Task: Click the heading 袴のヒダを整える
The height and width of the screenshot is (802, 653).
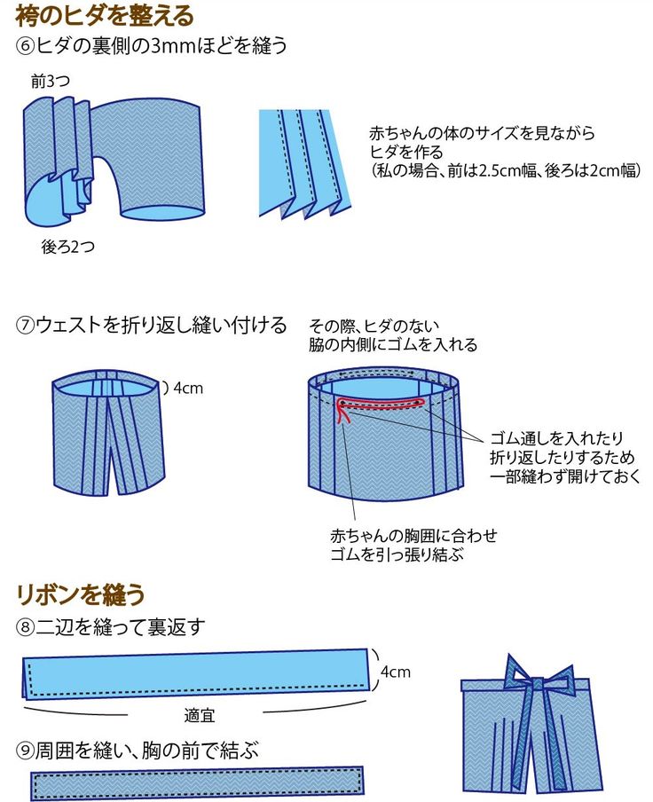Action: (105, 15)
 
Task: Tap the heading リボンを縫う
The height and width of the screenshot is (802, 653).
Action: (80, 594)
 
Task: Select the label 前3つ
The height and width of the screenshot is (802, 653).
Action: (50, 82)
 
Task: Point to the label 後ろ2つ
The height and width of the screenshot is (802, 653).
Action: (67, 247)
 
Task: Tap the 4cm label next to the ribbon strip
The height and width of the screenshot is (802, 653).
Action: (395, 672)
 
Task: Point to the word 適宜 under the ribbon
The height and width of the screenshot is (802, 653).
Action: (200, 714)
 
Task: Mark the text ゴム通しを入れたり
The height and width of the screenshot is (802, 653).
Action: (557, 438)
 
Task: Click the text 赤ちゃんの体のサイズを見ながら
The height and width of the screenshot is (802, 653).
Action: (482, 133)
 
